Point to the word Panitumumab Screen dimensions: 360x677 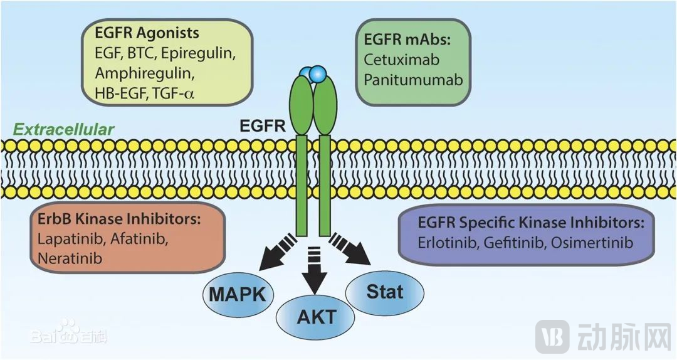tap(414, 80)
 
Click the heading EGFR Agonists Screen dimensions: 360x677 tap(147, 32)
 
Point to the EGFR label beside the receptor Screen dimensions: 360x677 tap(263, 127)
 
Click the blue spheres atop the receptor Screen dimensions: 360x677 tap(313, 74)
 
